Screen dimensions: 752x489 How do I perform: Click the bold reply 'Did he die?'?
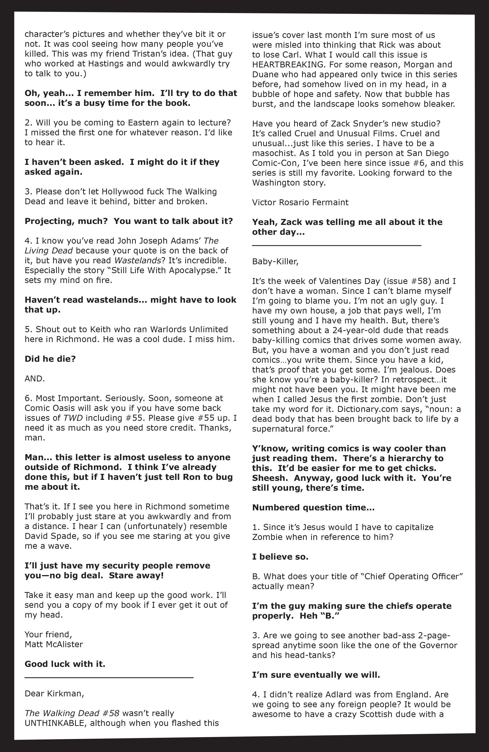click(50, 359)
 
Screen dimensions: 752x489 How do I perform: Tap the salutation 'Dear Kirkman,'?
click(54, 693)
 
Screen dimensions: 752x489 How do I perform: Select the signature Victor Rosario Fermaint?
click(300, 203)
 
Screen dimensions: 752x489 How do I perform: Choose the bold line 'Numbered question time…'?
click(313, 508)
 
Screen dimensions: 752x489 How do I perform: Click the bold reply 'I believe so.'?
click(280, 557)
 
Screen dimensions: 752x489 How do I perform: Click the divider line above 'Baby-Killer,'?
click(336, 245)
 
